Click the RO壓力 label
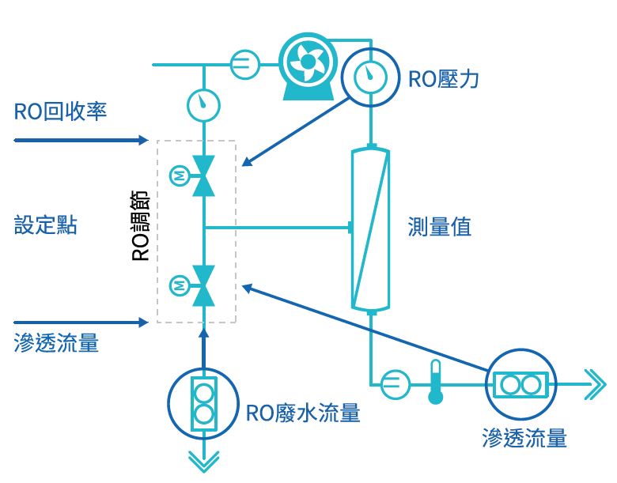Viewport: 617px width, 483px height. point(443,79)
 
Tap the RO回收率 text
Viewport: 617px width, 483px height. point(60,111)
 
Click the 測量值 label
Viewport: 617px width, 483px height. point(440,227)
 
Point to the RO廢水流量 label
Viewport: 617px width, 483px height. point(303,413)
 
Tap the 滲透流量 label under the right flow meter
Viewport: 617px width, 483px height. point(524,437)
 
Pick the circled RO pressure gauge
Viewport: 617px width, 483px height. point(368,76)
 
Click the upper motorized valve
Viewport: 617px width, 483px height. point(204,175)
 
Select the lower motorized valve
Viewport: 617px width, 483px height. point(204,285)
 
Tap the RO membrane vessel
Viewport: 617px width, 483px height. point(371,228)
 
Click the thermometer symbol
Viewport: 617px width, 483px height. point(434,382)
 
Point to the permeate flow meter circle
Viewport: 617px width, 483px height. point(520,385)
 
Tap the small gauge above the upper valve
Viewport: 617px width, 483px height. point(204,104)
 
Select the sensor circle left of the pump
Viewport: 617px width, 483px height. point(245,64)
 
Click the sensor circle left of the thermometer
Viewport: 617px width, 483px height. point(396,385)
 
